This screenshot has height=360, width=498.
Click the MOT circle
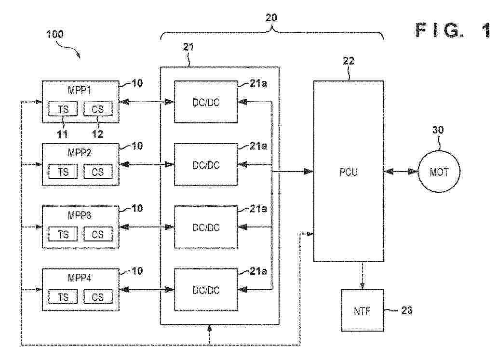point(439,172)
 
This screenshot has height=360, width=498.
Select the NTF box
point(363,310)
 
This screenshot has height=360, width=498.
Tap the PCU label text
point(349,172)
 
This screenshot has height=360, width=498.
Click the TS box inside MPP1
point(63,109)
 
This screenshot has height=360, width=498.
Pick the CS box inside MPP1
point(98,109)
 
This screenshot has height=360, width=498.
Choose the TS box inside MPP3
point(63,234)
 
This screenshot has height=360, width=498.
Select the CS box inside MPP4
point(98,297)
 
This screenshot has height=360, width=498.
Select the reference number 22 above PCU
point(348,61)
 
